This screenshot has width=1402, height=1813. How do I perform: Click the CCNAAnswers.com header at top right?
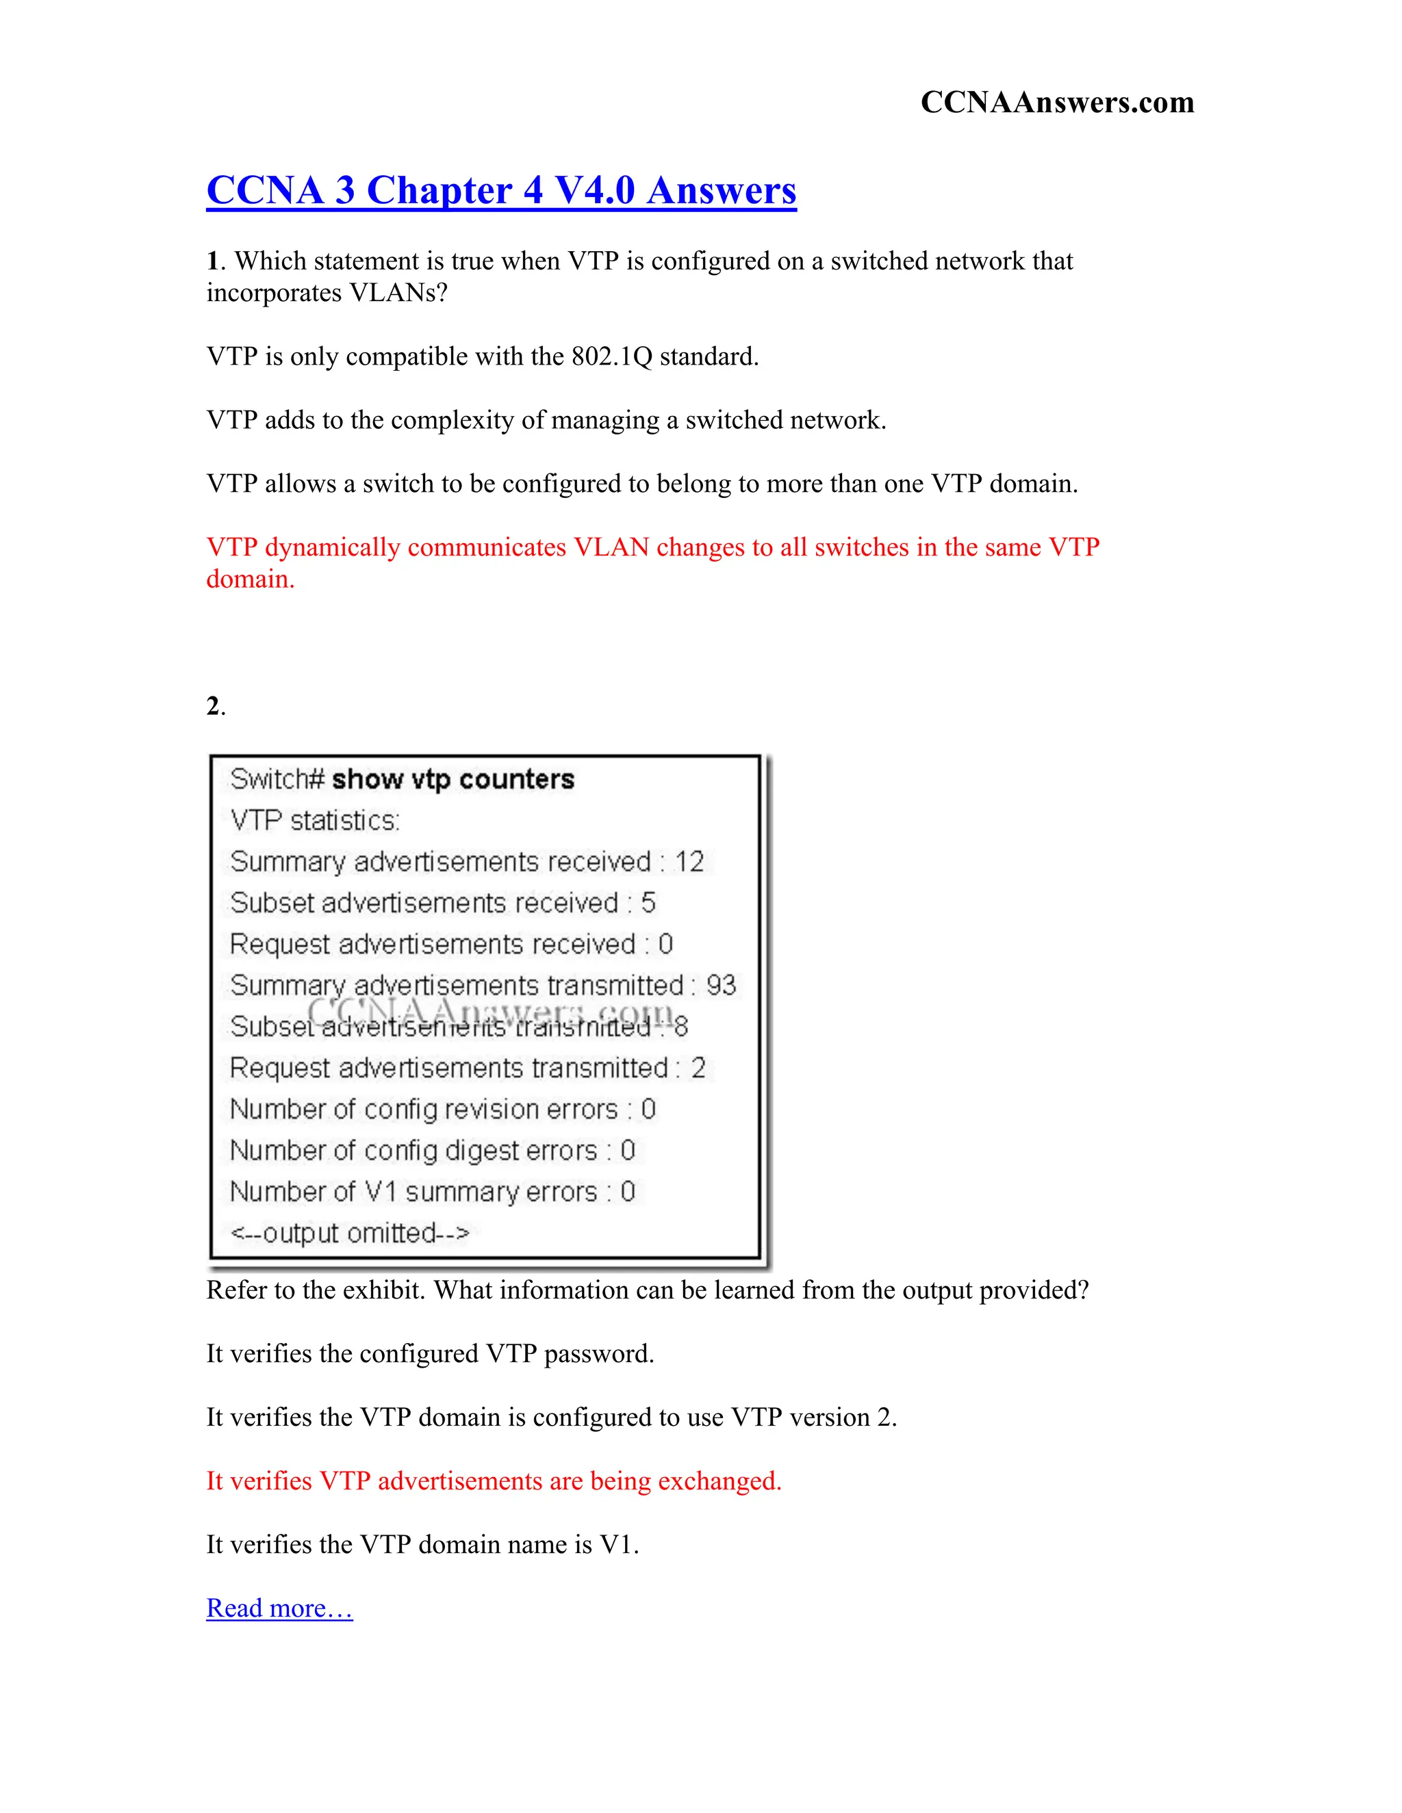click(x=1056, y=102)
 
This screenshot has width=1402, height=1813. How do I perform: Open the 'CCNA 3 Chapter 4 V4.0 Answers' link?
click(x=501, y=190)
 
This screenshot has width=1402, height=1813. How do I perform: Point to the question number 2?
click(x=214, y=707)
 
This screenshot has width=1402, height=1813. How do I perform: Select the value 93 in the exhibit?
click(x=721, y=985)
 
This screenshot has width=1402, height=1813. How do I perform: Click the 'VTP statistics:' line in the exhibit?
click(x=315, y=821)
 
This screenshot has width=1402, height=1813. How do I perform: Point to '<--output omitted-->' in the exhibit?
click(x=350, y=1234)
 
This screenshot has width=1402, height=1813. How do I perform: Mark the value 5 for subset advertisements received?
click(x=648, y=903)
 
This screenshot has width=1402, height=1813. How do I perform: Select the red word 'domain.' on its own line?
click(x=250, y=579)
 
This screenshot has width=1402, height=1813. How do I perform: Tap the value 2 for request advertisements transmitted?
click(x=698, y=1069)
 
